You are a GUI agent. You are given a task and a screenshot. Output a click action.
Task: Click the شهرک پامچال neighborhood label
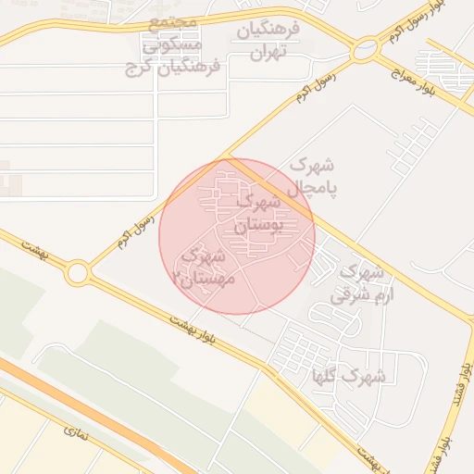point(312,176)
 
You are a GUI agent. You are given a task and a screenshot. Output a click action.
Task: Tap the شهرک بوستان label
point(256,213)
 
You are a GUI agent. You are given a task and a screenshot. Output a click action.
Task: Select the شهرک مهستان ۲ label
point(205,266)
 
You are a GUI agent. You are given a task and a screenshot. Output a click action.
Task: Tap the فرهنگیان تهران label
point(269,40)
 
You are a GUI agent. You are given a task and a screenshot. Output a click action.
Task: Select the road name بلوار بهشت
point(193,331)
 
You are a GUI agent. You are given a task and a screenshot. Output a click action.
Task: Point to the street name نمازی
point(77,431)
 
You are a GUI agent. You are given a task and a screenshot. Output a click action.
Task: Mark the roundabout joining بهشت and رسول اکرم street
point(77,273)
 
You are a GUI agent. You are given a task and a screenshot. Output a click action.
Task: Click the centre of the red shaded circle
point(237,236)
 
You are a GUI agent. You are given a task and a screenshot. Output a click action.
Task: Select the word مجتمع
point(173,21)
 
